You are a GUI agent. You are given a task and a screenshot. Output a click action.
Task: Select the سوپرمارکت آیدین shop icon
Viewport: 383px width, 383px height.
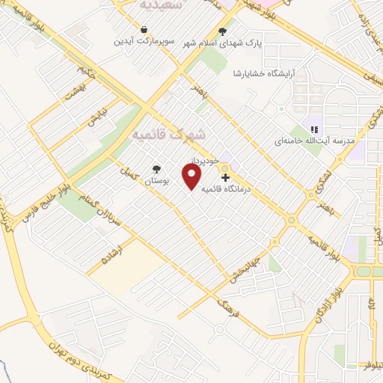[141, 31]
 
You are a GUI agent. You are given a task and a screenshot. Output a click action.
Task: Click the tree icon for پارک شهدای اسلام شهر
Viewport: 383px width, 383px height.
[221, 31]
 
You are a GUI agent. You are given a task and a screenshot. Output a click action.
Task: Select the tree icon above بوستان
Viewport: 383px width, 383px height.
[156, 169]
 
